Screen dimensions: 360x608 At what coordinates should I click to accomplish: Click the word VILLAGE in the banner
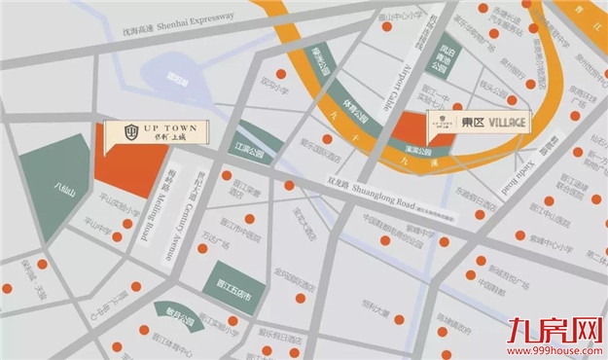point(508,123)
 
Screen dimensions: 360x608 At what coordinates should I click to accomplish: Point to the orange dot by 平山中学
point(119,236)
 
